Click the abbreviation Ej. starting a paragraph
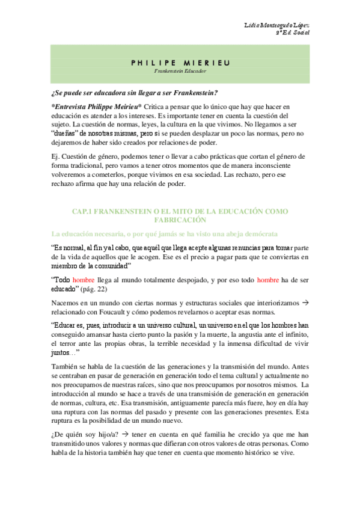coord(56,156)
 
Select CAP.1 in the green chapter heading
coord(84,212)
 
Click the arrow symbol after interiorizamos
coord(304,301)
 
